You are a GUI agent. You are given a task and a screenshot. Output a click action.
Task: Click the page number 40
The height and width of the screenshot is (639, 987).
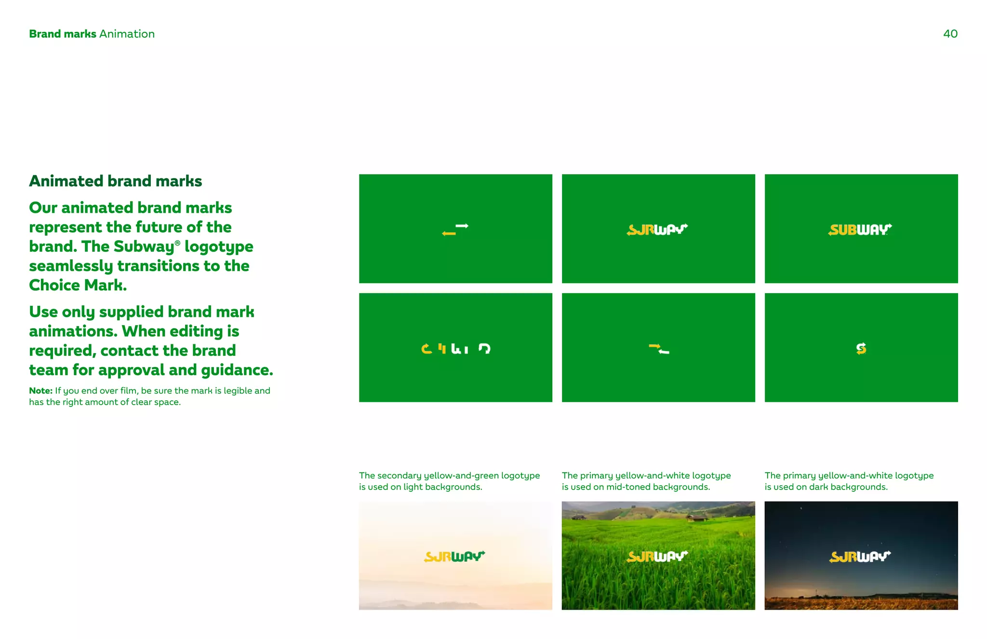[x=950, y=34]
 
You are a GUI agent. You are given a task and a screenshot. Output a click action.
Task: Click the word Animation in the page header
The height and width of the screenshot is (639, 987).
[x=127, y=34]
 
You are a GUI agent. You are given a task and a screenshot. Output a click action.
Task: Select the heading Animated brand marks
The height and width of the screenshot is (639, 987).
[x=115, y=181]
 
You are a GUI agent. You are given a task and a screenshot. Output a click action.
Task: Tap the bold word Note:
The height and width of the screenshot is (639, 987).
[x=40, y=391]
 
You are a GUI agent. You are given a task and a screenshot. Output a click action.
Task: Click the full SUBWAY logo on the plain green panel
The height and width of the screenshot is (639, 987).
[x=860, y=230]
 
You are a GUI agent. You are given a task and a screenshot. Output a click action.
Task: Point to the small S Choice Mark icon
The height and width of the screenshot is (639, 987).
[x=861, y=348]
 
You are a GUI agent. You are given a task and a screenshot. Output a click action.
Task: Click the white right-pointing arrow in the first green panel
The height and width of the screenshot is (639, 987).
[x=462, y=226]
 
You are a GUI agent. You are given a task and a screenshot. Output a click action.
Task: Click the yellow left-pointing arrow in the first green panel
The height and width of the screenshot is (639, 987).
[x=449, y=233]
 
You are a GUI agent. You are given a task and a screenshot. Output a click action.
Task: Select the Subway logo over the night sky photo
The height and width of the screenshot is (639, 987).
[x=860, y=557]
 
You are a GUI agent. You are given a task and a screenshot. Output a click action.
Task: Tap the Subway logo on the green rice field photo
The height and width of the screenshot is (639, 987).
[x=658, y=557]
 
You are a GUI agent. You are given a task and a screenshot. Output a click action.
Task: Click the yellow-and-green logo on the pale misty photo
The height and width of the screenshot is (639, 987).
[x=454, y=557]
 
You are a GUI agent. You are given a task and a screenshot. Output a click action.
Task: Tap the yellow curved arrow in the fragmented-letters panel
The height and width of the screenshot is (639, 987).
[x=427, y=349]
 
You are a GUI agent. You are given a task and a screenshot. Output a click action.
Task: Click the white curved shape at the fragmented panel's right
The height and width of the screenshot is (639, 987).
[x=484, y=348]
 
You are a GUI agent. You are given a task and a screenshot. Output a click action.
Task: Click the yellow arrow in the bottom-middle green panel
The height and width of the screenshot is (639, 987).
[x=654, y=346]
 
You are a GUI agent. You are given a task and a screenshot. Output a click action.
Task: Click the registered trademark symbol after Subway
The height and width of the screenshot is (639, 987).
[x=177, y=243]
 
